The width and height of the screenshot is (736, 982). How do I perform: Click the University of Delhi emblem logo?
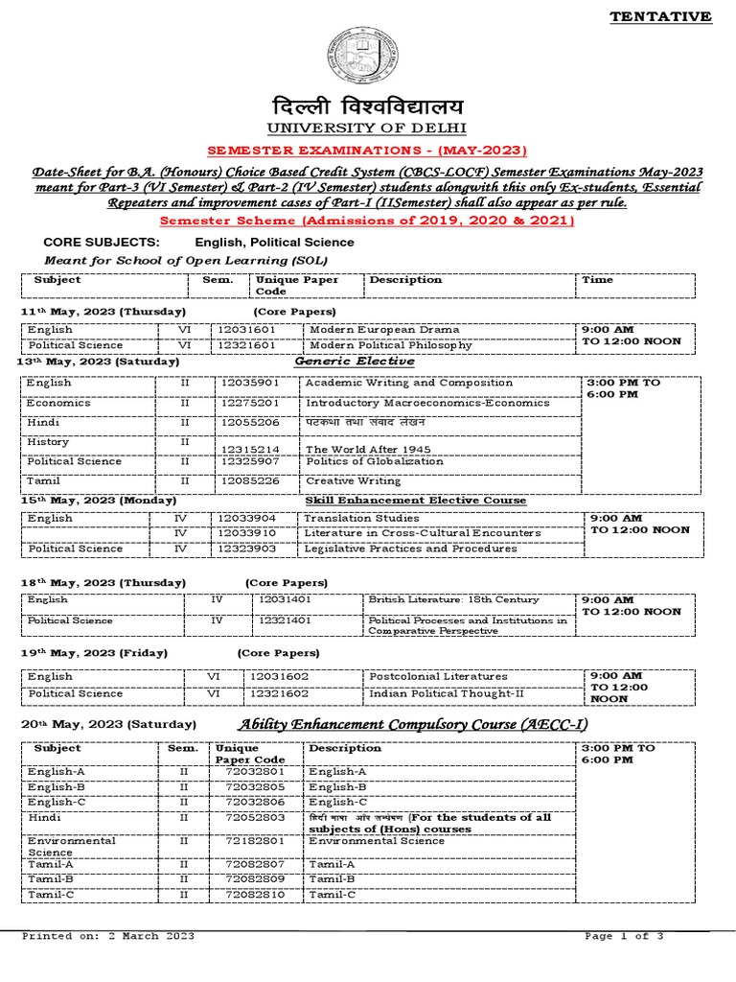pos(368,56)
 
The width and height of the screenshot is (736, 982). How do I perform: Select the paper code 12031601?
pos(247,328)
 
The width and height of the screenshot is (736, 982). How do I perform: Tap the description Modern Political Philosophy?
pos(390,345)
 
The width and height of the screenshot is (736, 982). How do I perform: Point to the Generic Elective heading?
pos(355,362)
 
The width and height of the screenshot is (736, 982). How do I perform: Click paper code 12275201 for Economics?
pos(250,403)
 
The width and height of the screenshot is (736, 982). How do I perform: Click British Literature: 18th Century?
pos(453,599)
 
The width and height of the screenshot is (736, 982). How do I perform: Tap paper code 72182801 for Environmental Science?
pos(254,841)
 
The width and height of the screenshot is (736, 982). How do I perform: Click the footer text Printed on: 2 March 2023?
pos(108,936)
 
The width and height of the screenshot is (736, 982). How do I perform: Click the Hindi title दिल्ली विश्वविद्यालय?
pos(368,105)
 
